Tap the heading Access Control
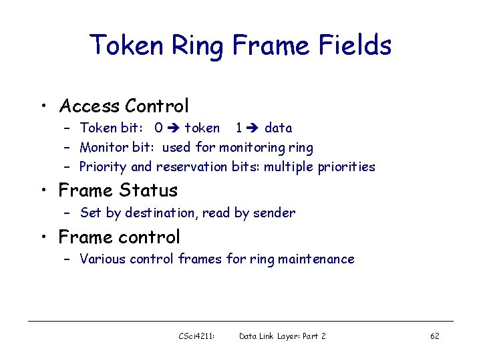[x=124, y=106]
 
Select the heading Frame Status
[x=118, y=191]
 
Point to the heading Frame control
[x=119, y=237]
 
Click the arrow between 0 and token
[x=174, y=128]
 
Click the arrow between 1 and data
[x=254, y=128]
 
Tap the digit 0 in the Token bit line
[x=158, y=128]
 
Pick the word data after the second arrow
[x=278, y=128]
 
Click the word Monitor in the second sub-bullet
[x=102, y=147]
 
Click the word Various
[x=103, y=259]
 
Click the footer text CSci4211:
[x=196, y=336]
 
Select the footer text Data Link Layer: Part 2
[x=283, y=336]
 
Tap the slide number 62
[x=434, y=336]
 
